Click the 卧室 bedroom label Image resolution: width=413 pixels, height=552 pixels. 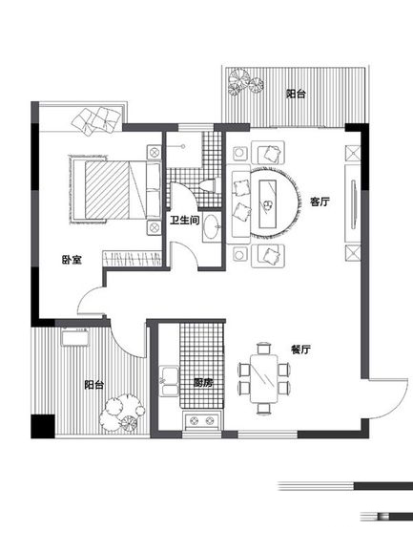72,260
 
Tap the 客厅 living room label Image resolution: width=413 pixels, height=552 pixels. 320,202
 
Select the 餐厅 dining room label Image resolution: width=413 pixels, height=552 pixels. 300,350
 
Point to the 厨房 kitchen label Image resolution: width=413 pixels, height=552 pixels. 203,382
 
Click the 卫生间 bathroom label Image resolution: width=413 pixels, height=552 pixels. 185,221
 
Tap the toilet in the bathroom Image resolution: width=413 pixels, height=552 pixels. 210,185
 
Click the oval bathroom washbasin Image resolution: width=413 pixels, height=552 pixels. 212,227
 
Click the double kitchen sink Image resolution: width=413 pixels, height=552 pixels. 170,382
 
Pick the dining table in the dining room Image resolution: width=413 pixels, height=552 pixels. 264,378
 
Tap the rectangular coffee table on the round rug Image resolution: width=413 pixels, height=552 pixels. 267,204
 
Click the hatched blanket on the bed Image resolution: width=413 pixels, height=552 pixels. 107,190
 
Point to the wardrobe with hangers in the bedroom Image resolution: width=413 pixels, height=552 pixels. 133,259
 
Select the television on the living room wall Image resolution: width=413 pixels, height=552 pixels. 354,204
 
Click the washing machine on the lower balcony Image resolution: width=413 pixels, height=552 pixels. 74,337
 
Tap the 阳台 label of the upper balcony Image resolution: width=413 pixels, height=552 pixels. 296,94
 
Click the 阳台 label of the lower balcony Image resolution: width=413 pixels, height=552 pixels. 94,385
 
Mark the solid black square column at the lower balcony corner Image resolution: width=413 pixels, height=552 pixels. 43,426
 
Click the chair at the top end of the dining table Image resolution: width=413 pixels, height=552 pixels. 263,348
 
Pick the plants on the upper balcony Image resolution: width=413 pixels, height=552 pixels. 245,82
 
